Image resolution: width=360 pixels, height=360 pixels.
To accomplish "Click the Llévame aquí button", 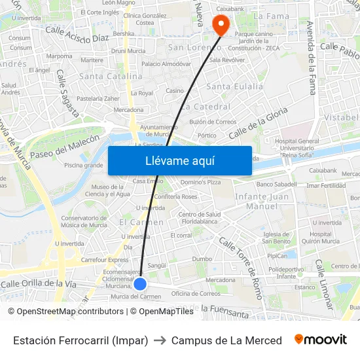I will (x=179, y=161).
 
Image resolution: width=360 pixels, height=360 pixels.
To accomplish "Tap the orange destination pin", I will (x=221, y=24).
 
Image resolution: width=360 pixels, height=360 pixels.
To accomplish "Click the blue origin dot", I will (x=140, y=284).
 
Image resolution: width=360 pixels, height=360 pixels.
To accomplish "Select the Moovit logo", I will (x=321, y=340).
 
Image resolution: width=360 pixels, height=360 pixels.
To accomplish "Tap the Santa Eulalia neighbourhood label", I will (x=234, y=86).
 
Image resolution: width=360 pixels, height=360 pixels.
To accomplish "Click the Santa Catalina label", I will (x=111, y=76).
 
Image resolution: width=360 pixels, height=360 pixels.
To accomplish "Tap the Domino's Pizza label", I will (x=201, y=182).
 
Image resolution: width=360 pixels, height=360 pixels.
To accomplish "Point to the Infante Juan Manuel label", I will (x=262, y=201).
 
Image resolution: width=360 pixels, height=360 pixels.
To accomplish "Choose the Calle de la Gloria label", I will (x=258, y=123).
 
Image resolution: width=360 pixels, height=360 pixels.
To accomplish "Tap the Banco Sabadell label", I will (x=277, y=185).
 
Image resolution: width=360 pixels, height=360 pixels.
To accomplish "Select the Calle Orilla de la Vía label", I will (x=39, y=284).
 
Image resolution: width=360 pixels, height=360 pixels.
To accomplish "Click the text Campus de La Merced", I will (x=226, y=340).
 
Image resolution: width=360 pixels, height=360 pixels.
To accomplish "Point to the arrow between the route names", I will (x=160, y=340).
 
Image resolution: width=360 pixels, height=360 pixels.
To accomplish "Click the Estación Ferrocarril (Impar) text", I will (x=81, y=340).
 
